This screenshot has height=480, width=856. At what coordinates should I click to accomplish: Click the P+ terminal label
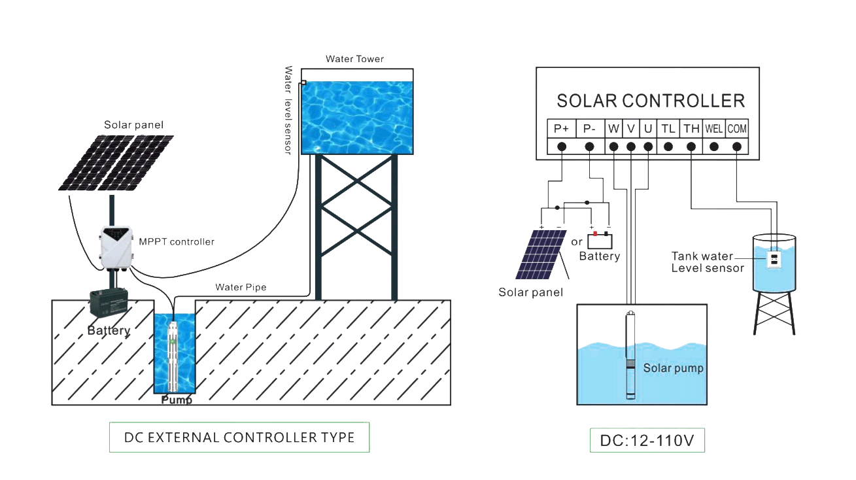tap(561, 129)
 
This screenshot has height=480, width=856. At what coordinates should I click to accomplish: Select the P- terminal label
tap(589, 129)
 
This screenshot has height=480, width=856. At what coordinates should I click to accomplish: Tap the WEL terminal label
tap(713, 129)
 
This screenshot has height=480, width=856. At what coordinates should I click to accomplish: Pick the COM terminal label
tap(737, 129)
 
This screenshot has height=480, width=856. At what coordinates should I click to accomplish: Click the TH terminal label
tap(691, 129)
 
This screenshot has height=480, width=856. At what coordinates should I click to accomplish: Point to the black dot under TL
tap(668, 146)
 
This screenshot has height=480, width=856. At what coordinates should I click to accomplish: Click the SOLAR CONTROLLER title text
tap(650, 101)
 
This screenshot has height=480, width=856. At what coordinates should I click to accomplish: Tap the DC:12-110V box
tap(647, 441)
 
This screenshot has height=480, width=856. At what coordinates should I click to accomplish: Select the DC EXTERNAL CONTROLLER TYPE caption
tap(239, 437)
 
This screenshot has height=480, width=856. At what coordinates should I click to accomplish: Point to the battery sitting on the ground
tap(108, 306)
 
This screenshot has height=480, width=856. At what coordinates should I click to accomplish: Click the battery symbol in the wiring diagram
tap(600, 240)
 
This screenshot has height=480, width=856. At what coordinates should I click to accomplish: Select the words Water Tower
tap(354, 59)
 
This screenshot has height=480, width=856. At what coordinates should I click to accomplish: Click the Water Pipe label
tap(241, 287)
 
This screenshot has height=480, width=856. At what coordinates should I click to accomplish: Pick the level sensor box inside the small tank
tap(774, 260)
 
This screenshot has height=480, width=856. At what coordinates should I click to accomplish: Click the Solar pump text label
tap(673, 368)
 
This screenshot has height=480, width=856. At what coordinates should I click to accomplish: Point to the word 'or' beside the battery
tap(576, 242)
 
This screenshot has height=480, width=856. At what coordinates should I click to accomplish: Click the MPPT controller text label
tap(177, 242)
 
